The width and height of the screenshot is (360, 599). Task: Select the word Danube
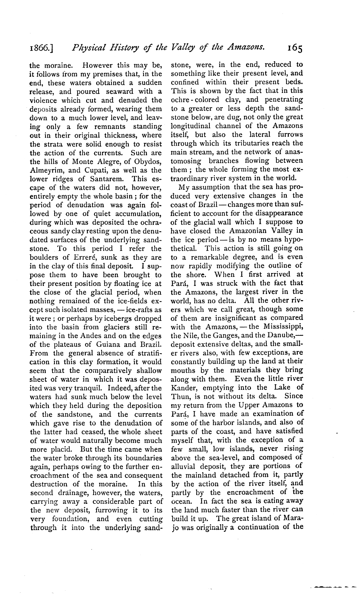[x=278, y=335]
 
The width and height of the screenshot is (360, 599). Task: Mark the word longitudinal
[x=192, y=126]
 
